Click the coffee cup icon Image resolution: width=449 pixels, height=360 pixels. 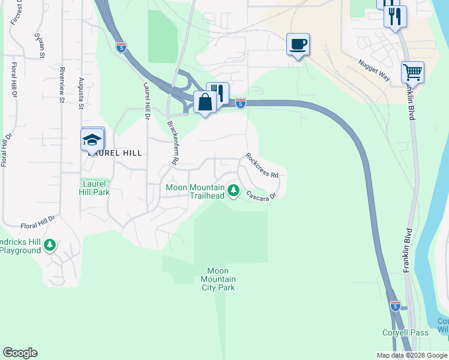click(x=298, y=44)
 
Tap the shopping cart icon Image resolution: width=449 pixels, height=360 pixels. click(x=412, y=73)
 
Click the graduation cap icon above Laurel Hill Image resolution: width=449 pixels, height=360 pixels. click(x=92, y=140)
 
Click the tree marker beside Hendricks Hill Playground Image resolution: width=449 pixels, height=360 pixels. click(x=50, y=245)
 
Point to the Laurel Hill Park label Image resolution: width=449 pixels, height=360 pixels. click(x=94, y=188)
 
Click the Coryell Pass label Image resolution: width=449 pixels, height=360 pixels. click(x=406, y=332)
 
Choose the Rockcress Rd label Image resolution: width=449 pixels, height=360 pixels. click(x=262, y=166)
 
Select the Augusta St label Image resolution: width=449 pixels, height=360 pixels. click(x=81, y=94)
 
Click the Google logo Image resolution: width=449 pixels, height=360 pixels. click(x=20, y=353)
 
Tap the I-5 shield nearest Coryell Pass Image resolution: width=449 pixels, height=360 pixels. click(x=395, y=306)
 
